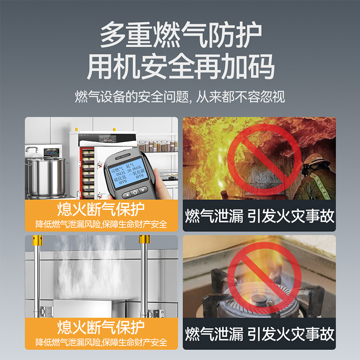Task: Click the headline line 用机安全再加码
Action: pos(180,67)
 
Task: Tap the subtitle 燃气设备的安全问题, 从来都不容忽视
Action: pos(180,97)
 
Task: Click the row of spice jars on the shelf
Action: pos(157,146)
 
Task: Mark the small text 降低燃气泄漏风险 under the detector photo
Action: pos(66,224)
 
